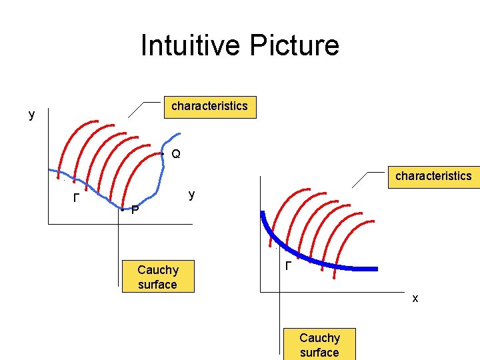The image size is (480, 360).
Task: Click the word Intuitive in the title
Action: coord(192,45)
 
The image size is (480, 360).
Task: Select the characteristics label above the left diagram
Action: coord(209,106)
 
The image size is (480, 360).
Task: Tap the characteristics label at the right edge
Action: coord(433,176)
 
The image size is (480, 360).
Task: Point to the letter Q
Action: coord(175,154)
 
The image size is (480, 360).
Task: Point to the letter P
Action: coord(135,211)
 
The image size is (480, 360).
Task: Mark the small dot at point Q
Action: coord(163,154)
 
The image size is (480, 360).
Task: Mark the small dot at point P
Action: coord(122,209)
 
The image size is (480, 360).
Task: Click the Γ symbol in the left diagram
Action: coord(76,199)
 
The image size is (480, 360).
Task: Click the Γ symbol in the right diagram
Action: coord(287,266)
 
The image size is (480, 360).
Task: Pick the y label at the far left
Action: coord(31,115)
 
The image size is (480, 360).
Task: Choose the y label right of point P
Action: coord(191,195)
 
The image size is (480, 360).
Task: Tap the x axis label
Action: coord(415,299)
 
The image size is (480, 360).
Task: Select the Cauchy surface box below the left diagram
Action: coord(157,277)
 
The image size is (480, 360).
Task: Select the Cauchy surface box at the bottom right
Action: coord(319,345)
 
